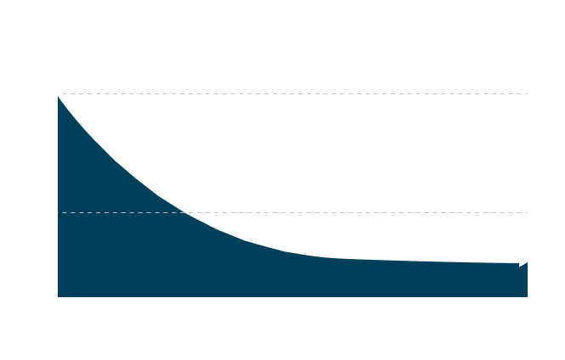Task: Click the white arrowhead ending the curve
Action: [x=523, y=262]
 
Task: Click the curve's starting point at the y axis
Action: [x=57, y=94]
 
